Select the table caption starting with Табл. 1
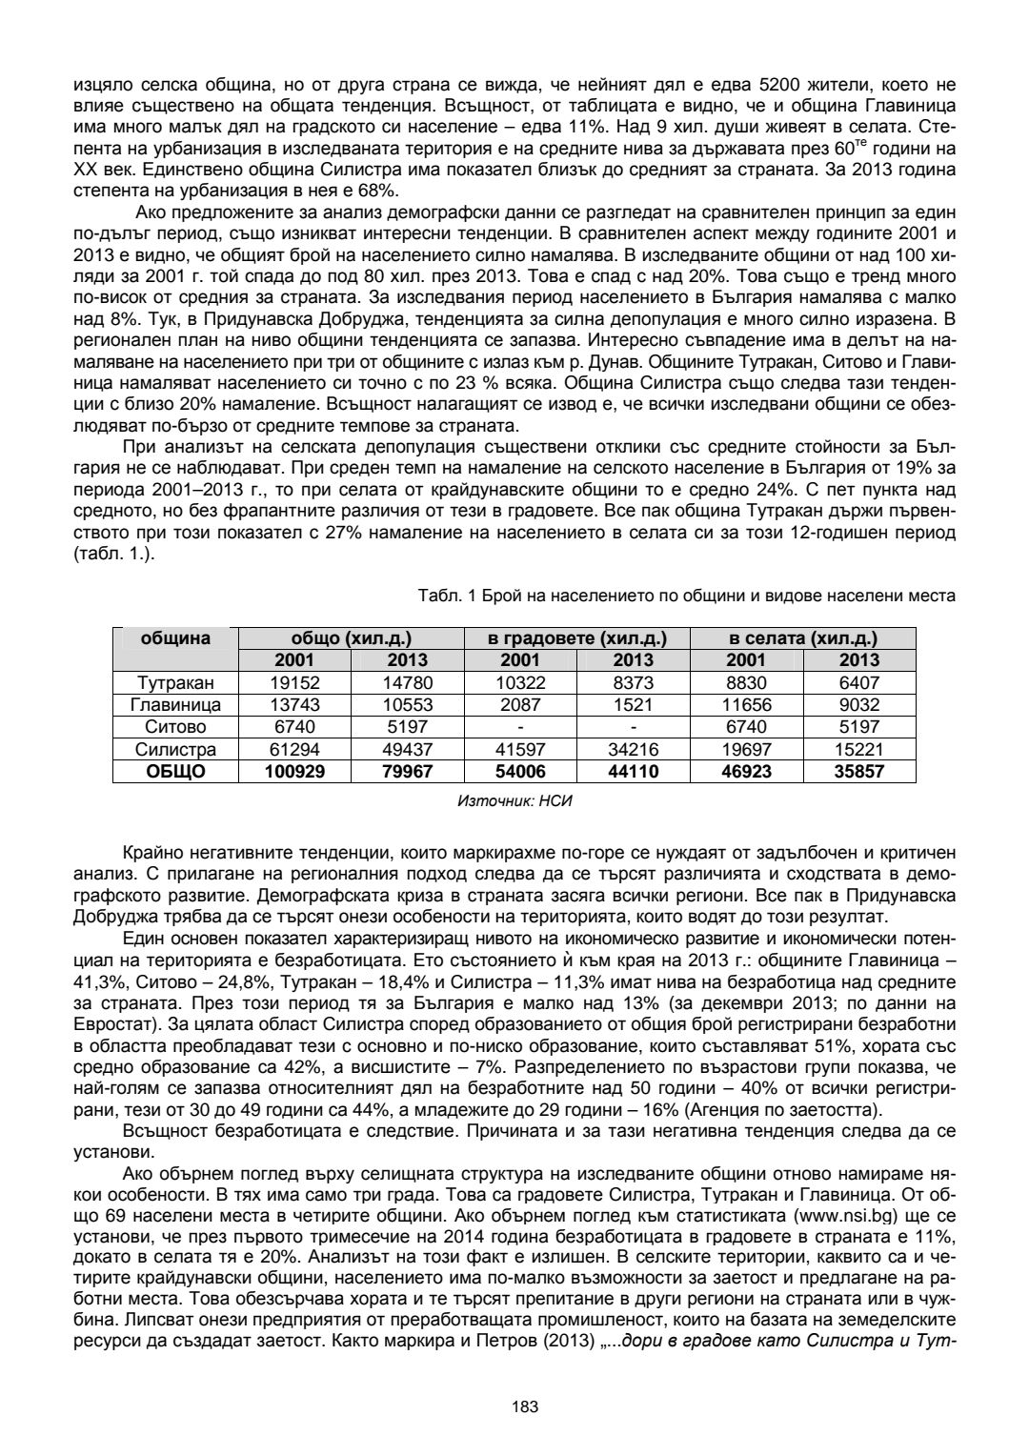click(x=686, y=596)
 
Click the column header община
click(x=175, y=638)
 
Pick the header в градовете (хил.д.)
click(x=577, y=638)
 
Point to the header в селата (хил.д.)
click(x=802, y=638)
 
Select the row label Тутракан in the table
click(x=175, y=682)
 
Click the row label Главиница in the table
click(x=175, y=705)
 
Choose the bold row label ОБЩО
click(x=175, y=772)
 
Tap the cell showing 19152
click(x=294, y=682)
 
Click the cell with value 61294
click(x=294, y=750)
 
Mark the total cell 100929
click(x=294, y=772)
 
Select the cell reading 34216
click(x=633, y=750)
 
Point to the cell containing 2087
click(x=520, y=705)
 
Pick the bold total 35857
click(x=858, y=772)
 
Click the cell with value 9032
click(x=858, y=705)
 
